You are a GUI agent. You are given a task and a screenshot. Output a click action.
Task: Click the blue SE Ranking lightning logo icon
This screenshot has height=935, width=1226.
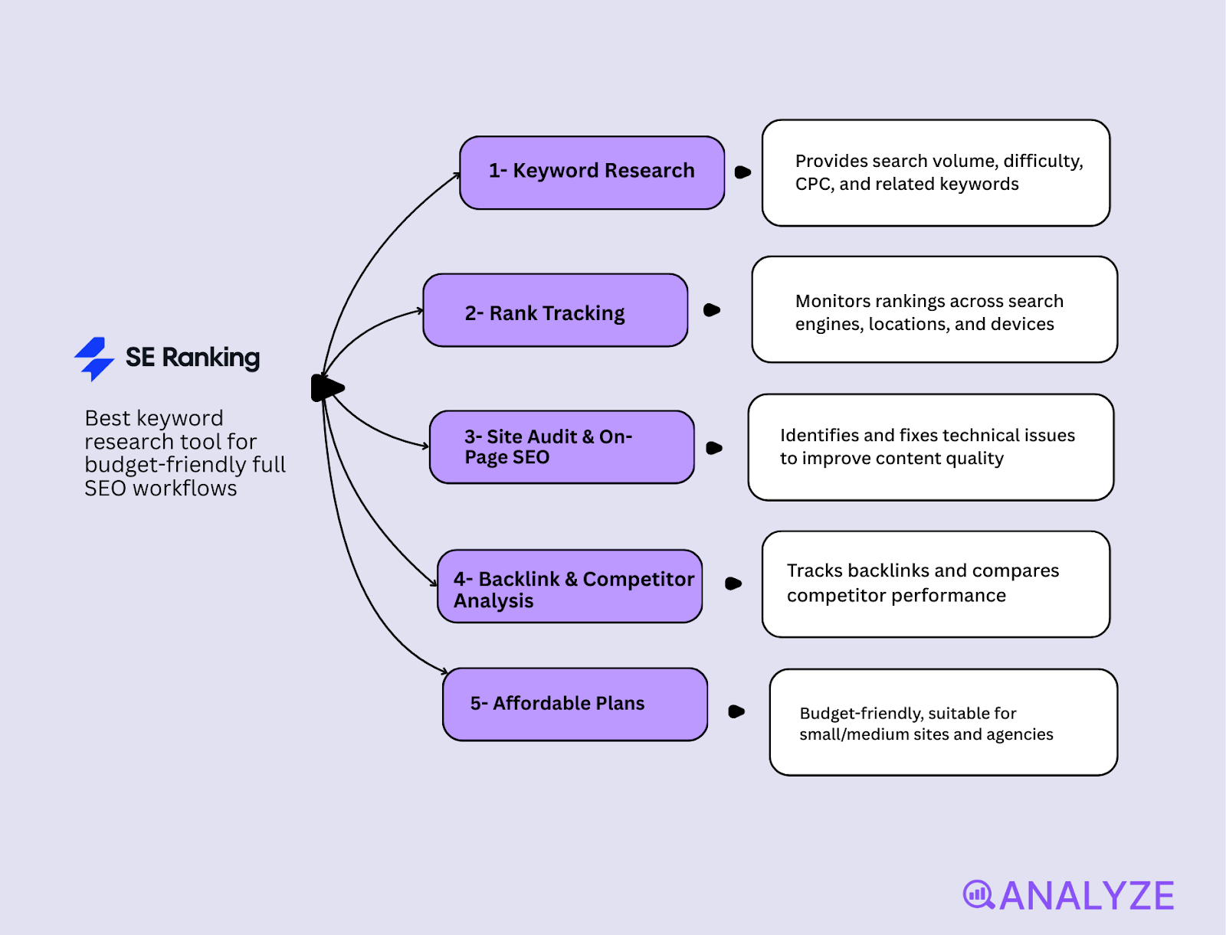tap(94, 358)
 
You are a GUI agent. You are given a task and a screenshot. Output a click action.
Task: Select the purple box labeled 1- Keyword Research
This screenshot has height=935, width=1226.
tap(592, 172)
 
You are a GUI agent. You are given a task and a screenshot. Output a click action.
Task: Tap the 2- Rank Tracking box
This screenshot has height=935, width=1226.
tap(555, 310)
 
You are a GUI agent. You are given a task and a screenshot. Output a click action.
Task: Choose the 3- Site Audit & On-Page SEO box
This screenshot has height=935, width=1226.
tap(562, 447)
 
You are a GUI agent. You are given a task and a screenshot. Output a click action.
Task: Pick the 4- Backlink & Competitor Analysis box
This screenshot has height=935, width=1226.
tap(569, 587)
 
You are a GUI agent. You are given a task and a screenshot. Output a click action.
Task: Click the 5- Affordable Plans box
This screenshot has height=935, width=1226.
tap(575, 704)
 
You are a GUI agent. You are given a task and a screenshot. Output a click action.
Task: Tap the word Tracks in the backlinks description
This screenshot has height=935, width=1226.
tap(815, 571)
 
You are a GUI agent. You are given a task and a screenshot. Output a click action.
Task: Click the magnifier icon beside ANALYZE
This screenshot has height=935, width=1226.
tap(978, 894)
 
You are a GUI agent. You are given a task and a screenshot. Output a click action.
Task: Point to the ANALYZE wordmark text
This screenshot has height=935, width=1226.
tap(1087, 896)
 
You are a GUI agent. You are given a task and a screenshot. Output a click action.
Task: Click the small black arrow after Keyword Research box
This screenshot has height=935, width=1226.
tap(742, 172)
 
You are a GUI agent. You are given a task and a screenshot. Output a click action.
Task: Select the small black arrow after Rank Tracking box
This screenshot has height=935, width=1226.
tap(711, 310)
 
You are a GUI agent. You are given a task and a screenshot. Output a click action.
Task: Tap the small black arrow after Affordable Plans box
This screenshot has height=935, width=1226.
tap(736, 711)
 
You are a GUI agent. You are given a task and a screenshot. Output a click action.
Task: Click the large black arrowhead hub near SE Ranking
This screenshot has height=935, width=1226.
tap(326, 388)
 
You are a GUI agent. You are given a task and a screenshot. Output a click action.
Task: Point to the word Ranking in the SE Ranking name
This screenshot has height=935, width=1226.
tap(211, 358)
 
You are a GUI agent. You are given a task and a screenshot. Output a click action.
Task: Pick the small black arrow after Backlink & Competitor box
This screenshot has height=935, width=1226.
tap(733, 584)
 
